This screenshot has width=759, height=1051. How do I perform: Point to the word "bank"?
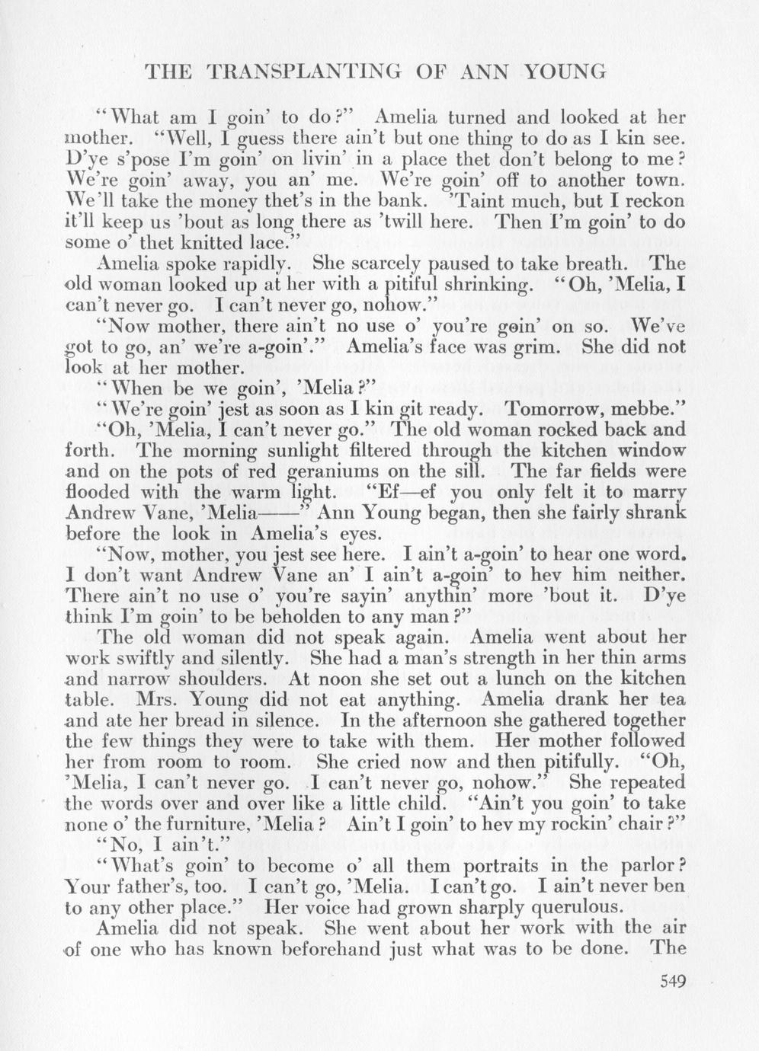point(402,201)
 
